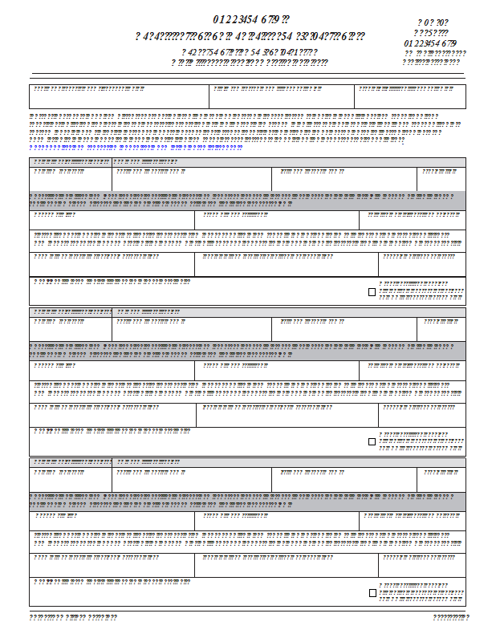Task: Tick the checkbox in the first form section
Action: (372, 292)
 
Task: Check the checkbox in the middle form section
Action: (372, 441)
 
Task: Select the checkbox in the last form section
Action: (372, 593)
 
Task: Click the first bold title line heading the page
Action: (250, 18)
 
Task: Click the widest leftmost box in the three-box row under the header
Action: (119, 96)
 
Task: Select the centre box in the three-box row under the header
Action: (281, 96)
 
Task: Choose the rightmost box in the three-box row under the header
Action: (409, 96)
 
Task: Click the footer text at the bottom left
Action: (73, 617)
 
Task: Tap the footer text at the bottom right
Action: (450, 617)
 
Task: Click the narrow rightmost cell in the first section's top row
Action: (441, 179)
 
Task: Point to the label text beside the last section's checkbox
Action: (421, 593)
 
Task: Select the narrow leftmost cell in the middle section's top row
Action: (71, 329)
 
